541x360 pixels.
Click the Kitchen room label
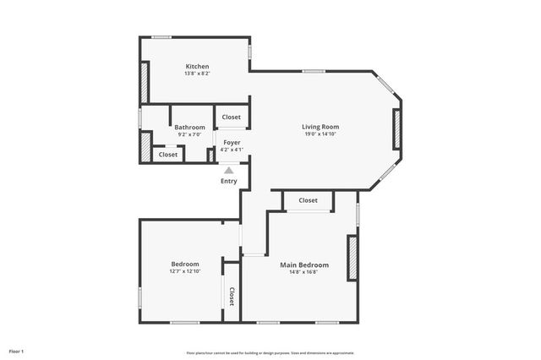click(197, 66)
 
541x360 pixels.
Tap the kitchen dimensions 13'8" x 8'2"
click(197, 74)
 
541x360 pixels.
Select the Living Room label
click(320, 127)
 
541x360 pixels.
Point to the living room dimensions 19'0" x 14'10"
click(320, 134)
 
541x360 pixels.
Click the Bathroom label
click(189, 127)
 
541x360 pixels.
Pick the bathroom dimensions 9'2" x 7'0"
click(189, 134)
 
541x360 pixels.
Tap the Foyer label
click(232, 143)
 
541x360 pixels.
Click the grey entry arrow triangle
click(229, 170)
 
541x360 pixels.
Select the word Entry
click(229, 181)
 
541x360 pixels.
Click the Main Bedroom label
click(304, 265)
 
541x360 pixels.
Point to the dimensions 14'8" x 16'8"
click(304, 272)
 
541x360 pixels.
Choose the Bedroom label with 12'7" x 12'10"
click(184, 264)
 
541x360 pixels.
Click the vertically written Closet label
click(232, 296)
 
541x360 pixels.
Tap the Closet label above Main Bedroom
click(308, 200)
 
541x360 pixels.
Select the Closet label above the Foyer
click(232, 117)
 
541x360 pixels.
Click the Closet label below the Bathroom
click(168, 155)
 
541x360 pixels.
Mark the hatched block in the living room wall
click(396, 129)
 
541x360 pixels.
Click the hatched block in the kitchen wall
click(145, 82)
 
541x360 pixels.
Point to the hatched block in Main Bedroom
click(352, 257)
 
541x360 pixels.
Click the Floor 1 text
click(16, 351)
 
